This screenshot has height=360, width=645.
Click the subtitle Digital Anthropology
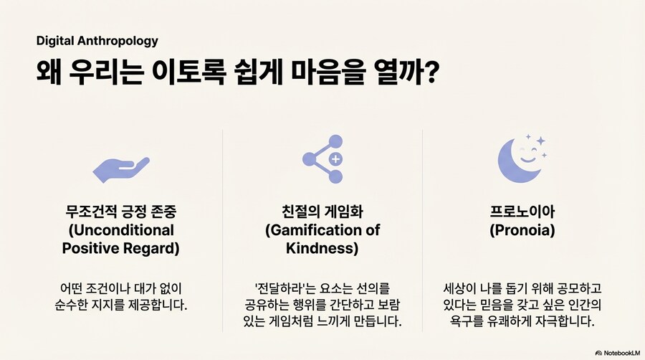pos(97,41)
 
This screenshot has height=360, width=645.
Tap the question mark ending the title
pos(431,74)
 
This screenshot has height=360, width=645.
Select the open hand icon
pos(120,167)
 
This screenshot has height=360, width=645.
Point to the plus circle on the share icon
pos(335,159)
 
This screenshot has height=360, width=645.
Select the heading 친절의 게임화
pos(322,212)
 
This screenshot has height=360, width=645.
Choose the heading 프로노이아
pos(522,212)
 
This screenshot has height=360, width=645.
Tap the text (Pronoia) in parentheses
pos(522,231)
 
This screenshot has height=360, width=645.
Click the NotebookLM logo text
pos(621,353)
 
